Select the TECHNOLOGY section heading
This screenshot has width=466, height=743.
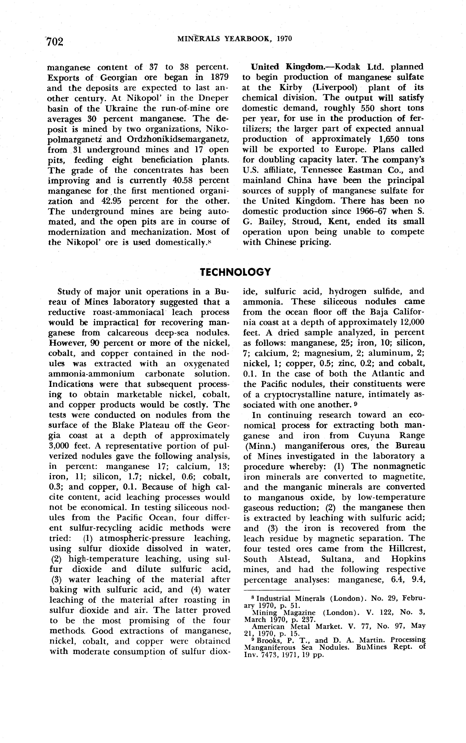235,272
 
